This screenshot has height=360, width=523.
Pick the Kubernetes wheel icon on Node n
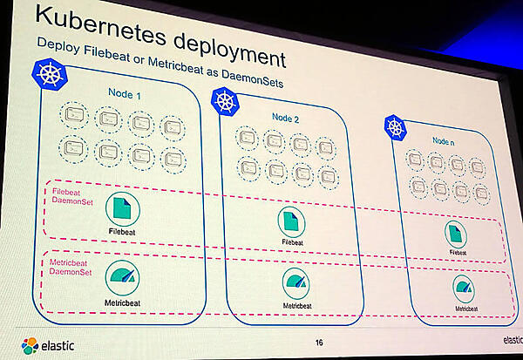(x=396, y=127)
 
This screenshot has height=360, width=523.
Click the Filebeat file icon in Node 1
(x=124, y=210)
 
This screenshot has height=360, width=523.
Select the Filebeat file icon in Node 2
(x=293, y=221)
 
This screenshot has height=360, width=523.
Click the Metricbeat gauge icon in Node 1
(x=122, y=276)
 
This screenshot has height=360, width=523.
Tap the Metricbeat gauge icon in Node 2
(x=295, y=282)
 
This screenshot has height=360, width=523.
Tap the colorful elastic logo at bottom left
(x=31, y=346)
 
